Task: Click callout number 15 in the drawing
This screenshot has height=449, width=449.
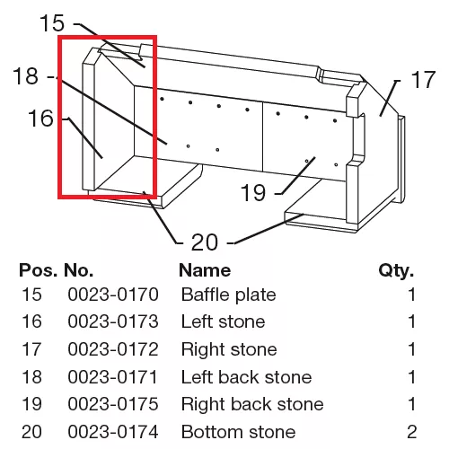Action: [52, 23]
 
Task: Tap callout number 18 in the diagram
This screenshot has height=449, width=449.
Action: [26, 76]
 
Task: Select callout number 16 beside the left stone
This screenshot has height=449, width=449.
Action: [40, 119]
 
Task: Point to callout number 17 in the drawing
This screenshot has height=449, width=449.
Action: [423, 80]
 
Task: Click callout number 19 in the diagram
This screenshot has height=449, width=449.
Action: [253, 192]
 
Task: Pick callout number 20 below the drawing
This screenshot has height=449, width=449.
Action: [205, 242]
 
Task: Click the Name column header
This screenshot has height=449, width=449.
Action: [205, 270]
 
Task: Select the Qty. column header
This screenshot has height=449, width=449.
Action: [396, 271]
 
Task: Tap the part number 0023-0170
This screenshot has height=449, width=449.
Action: [113, 295]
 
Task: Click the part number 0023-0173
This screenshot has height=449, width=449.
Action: [113, 321]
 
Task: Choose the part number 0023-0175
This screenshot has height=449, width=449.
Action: [113, 404]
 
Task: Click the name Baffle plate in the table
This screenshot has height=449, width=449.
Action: [228, 295]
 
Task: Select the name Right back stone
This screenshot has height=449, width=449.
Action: [252, 404]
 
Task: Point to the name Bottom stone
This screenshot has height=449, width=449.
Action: [238, 432]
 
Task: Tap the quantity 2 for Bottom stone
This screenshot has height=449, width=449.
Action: [411, 432]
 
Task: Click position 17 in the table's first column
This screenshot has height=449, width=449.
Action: [31, 349]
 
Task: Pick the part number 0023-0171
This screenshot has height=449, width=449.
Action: [112, 377]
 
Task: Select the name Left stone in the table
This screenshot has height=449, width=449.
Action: [223, 321]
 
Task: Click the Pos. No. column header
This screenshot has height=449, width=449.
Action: [56, 270]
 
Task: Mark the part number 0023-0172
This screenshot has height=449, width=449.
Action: [113, 349]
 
